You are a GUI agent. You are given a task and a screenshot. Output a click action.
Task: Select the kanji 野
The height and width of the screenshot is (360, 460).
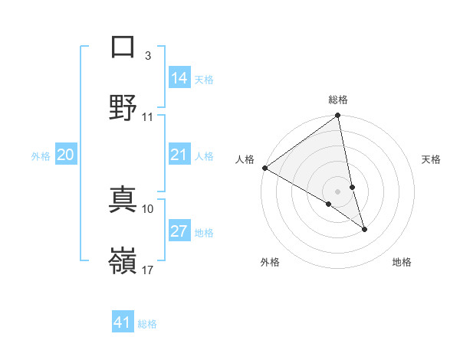coord(123,106)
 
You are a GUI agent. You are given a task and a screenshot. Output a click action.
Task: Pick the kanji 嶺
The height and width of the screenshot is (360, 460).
coord(123,260)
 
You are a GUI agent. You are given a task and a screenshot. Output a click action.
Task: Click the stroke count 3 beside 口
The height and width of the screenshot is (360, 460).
coord(148,56)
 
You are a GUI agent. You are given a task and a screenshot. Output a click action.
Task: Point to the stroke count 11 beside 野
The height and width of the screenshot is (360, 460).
coord(148,117)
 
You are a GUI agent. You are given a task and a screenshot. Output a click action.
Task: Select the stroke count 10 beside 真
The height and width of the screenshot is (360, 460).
coord(148,208)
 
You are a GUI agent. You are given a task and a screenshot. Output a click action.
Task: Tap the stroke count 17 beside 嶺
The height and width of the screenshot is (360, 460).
coord(148,270)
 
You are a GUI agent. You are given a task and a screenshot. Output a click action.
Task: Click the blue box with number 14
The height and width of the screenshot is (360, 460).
coord(179,78)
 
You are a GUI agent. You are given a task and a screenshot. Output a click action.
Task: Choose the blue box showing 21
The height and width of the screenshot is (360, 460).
coord(179,155)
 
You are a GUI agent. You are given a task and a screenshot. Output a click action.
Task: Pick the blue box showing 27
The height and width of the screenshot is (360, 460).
coord(179,232)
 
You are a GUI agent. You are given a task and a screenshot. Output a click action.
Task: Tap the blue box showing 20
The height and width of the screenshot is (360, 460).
coord(66,155)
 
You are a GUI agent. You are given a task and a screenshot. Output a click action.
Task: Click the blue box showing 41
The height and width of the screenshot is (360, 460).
coord(123,322)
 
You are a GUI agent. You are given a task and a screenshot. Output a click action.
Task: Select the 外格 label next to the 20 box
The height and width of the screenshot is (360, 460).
coord(41,156)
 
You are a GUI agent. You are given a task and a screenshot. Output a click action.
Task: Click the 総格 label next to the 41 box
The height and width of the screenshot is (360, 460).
coord(147,324)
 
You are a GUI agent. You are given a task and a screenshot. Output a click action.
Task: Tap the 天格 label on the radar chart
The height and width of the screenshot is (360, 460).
coord(432,159)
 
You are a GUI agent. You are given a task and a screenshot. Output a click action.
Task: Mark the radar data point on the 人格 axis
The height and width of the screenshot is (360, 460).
coord(264,168)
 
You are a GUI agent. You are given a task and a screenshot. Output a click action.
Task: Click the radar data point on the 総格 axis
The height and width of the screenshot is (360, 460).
coord(338,116)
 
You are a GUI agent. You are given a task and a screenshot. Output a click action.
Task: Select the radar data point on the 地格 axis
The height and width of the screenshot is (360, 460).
coord(364,229)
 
